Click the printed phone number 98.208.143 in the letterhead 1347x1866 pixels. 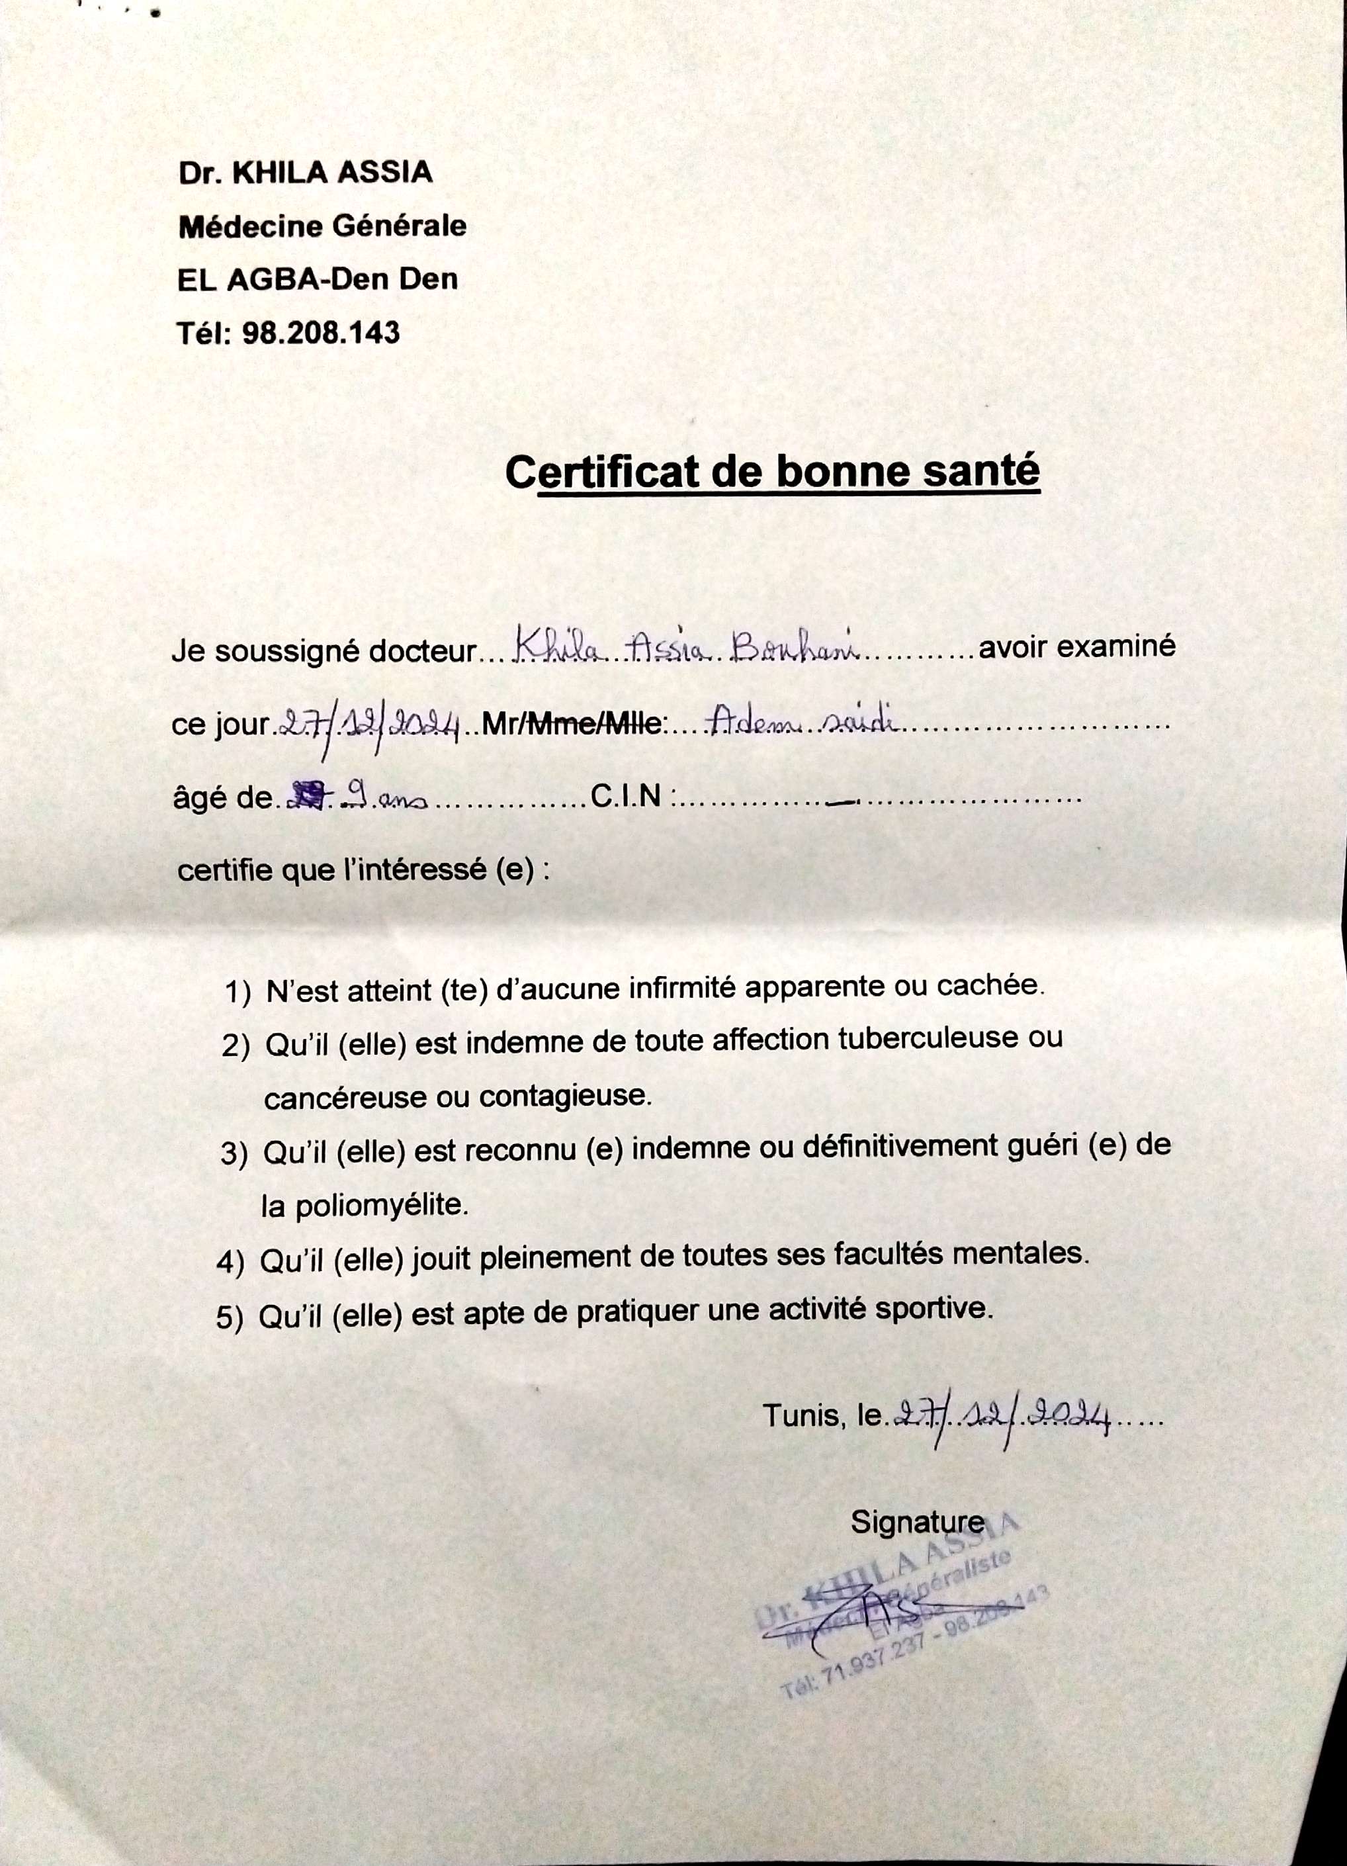coord(322,333)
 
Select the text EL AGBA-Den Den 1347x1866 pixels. coord(318,280)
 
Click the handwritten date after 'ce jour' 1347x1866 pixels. coord(370,724)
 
